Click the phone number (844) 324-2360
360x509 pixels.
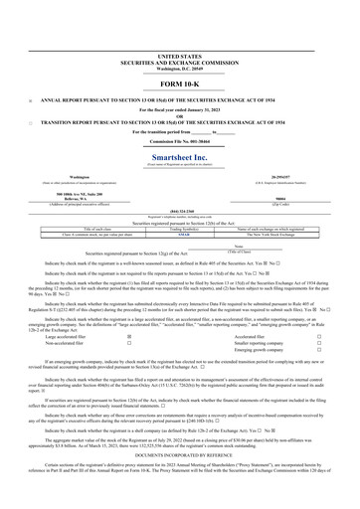(179, 210)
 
